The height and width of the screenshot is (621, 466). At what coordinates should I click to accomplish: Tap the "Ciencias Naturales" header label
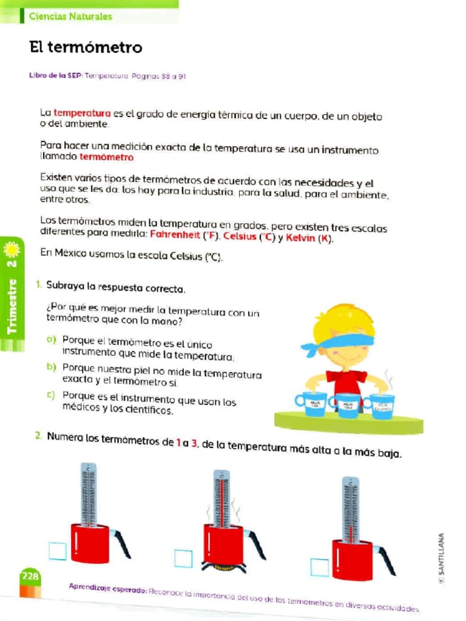[x=70, y=16]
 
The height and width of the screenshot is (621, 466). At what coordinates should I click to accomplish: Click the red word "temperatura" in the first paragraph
[x=82, y=113]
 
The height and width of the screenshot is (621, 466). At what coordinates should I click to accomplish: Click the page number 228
[x=29, y=576]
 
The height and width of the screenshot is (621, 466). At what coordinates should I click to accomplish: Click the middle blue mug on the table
[x=346, y=404]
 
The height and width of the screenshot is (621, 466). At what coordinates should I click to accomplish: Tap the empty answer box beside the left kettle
[x=58, y=550]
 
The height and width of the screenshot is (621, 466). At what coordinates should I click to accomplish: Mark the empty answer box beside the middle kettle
[x=183, y=558]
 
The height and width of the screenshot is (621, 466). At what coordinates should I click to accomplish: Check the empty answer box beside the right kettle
[x=319, y=567]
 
